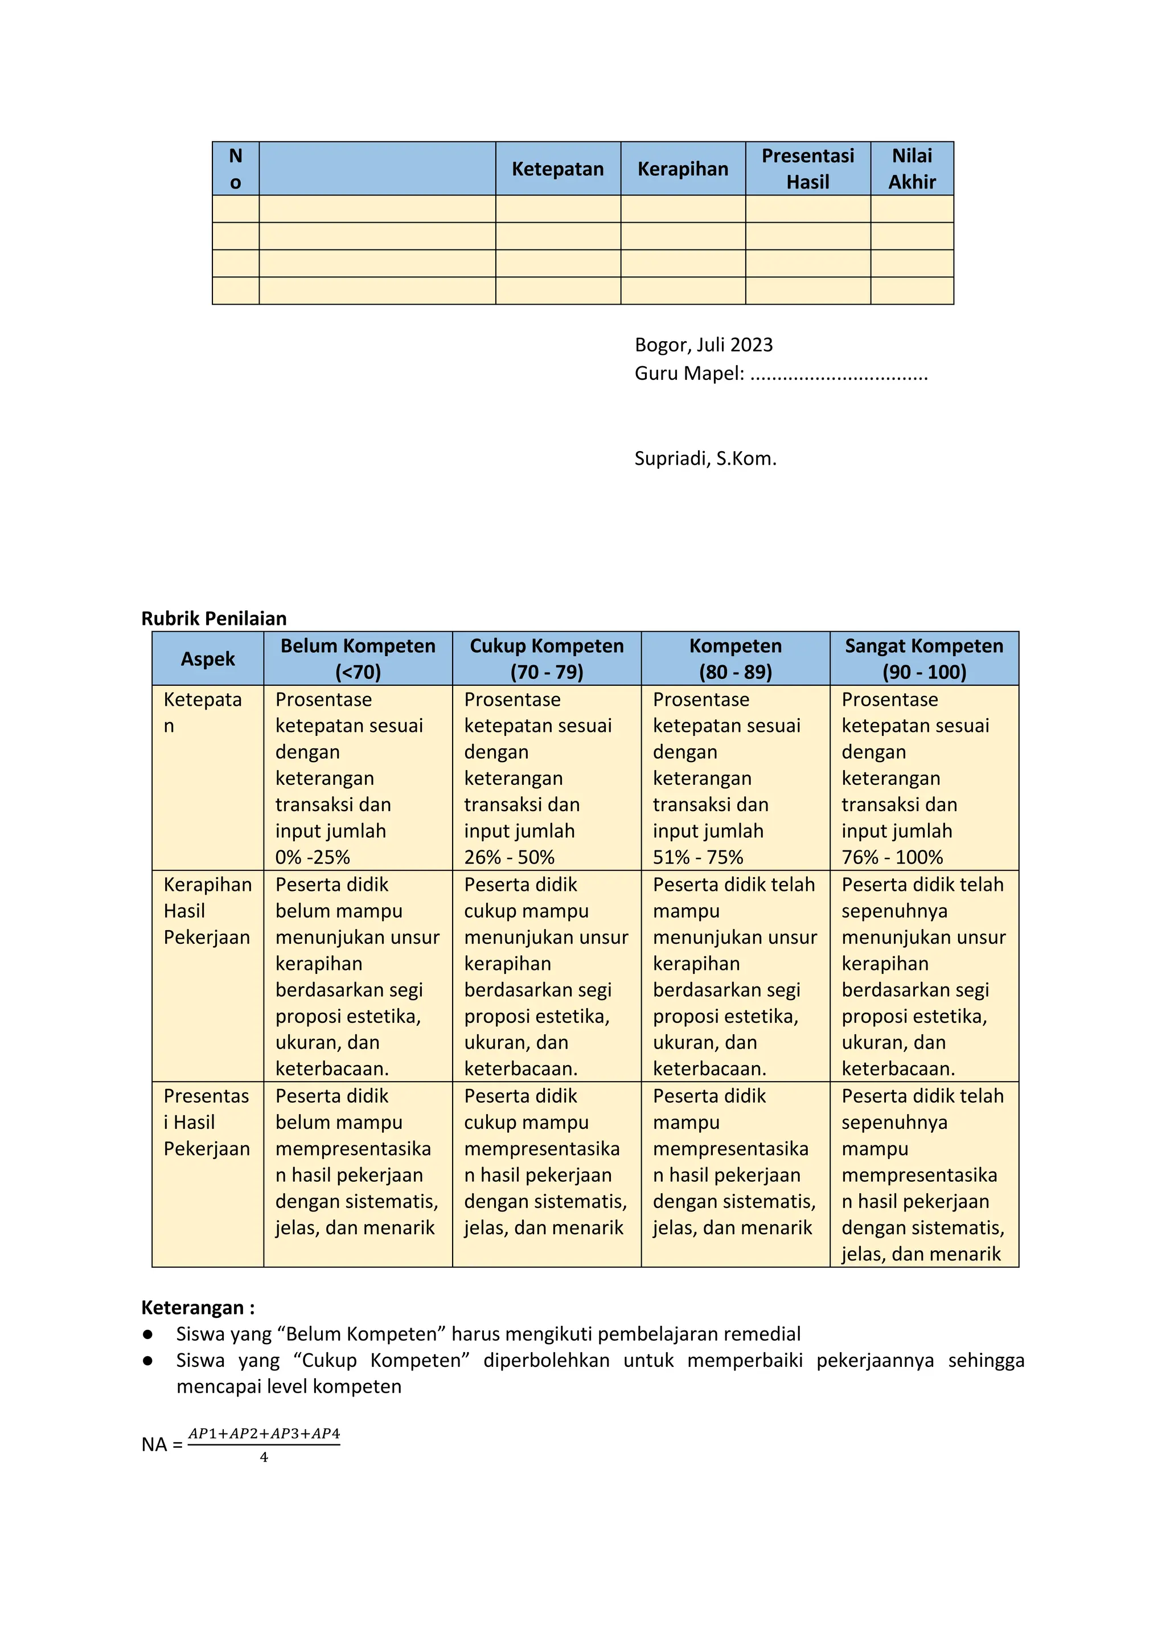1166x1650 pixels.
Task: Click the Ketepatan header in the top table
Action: click(557, 169)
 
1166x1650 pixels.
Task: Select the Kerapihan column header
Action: click(683, 169)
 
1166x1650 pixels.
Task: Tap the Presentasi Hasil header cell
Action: click(807, 169)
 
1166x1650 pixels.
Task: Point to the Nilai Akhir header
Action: click(912, 169)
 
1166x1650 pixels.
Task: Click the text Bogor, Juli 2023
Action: click(703, 345)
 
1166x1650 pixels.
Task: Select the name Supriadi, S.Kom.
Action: click(705, 458)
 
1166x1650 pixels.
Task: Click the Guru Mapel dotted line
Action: click(839, 375)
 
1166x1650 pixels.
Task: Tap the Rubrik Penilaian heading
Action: click(214, 618)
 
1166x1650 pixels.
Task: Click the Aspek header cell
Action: click(208, 659)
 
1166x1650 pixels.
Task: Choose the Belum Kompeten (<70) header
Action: click(358, 658)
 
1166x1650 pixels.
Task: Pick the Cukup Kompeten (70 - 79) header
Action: click(547, 658)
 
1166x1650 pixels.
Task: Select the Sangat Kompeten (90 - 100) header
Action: click(924, 658)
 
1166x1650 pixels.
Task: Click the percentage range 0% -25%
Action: click(313, 857)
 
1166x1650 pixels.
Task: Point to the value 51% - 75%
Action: click(697, 857)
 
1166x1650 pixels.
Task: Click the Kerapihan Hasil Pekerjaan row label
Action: click(207, 911)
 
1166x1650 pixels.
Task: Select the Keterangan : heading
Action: click(198, 1307)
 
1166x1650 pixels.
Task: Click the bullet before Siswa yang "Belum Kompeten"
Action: click(148, 1334)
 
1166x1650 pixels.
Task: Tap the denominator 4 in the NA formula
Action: click(264, 1457)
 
